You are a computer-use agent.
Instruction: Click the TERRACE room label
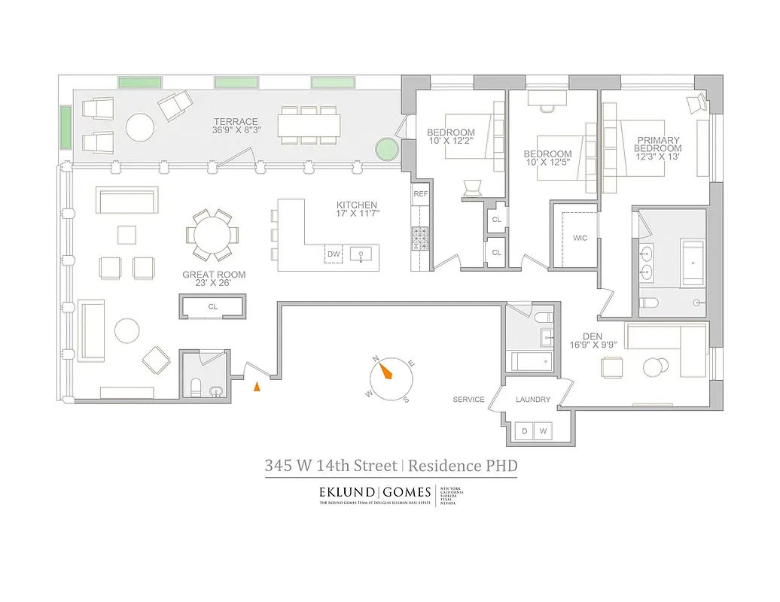236,122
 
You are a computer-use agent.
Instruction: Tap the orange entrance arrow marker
257,387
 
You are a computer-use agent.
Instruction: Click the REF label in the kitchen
420,193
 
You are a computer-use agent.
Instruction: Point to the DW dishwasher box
334,254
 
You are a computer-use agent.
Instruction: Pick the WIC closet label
580,238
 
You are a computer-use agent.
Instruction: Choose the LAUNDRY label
533,400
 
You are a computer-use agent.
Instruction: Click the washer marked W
541,432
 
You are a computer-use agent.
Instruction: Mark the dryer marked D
525,432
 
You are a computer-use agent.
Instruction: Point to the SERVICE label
468,400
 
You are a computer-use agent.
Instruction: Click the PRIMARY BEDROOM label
658,144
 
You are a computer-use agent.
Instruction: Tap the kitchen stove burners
419,239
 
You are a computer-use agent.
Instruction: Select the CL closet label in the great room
212,307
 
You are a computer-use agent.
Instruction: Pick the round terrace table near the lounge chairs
140,126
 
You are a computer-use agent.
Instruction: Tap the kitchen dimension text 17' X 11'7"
357,214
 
